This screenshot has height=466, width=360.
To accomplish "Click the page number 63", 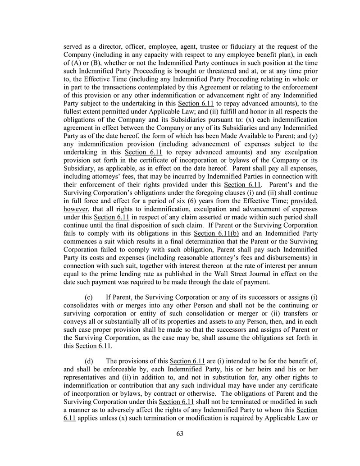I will click(180, 434).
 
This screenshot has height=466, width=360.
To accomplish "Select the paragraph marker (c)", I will click(90, 297).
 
